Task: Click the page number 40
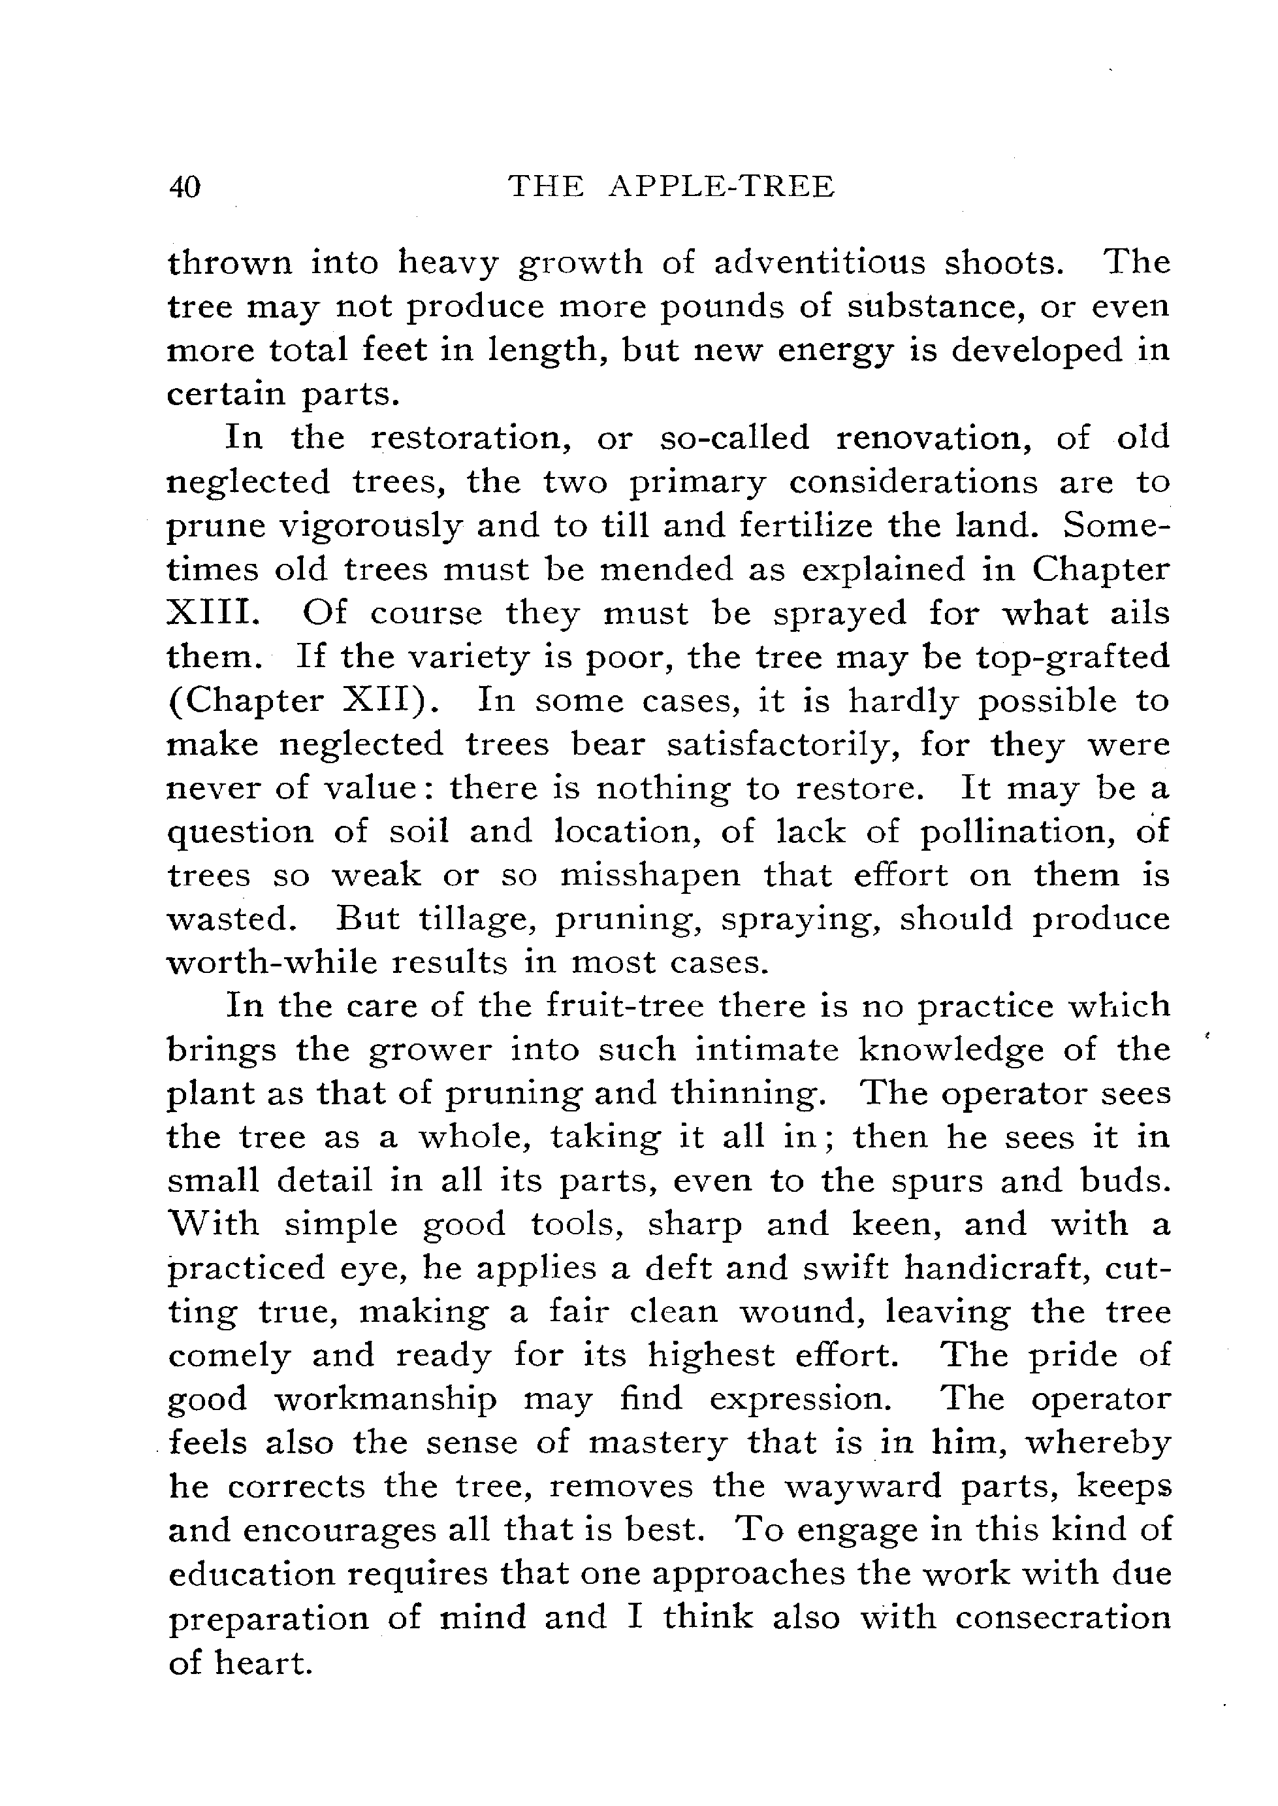pyautogui.click(x=185, y=188)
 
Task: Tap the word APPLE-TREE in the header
pyautogui.click(x=722, y=187)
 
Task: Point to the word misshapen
pyautogui.click(x=650, y=876)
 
